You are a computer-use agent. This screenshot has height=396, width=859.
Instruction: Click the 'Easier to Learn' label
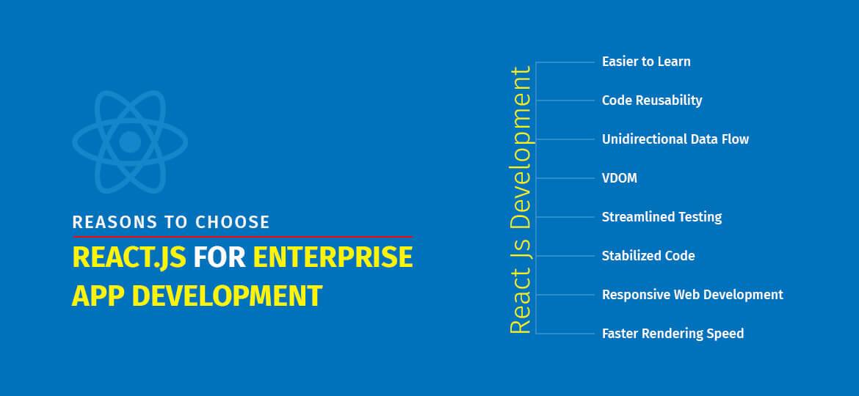(646, 62)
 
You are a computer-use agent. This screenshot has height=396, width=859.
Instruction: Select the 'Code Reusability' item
(652, 100)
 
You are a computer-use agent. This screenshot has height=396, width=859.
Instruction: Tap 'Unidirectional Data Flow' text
(675, 139)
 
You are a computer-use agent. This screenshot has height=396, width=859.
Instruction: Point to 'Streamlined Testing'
(662, 217)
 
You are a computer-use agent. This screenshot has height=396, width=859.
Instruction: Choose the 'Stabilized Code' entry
(648, 256)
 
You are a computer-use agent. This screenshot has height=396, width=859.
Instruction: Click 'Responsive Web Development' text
(692, 295)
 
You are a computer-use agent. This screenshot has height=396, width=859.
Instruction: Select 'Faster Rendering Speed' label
(673, 334)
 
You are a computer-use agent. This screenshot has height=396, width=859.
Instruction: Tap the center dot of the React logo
(130, 141)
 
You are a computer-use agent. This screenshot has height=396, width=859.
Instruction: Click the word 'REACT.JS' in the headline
(129, 259)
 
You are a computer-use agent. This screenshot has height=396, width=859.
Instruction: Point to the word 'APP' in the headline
(98, 296)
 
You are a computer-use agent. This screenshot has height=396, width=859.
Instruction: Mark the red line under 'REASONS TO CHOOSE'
(242, 237)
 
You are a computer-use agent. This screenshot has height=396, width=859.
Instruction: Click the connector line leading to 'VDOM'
(565, 178)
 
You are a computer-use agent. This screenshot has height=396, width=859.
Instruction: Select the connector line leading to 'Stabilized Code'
(565, 256)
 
